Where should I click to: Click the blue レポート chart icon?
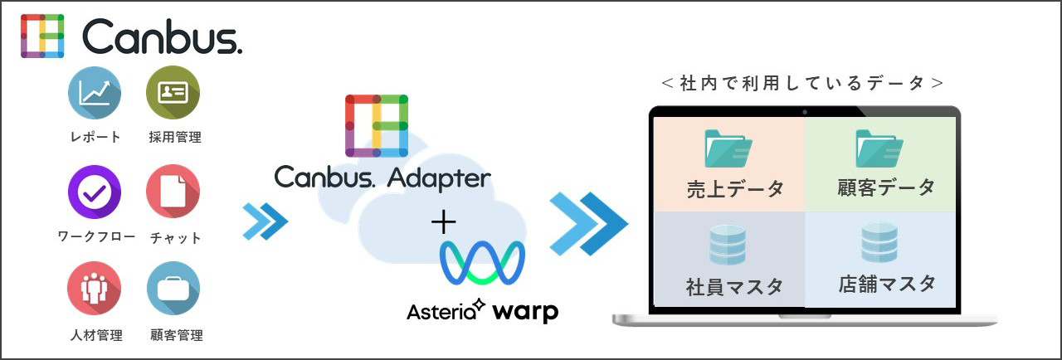pyautogui.click(x=94, y=93)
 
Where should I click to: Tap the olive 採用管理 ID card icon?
pyautogui.click(x=173, y=93)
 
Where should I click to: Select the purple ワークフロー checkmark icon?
pyautogui.click(x=94, y=191)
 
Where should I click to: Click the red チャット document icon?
pyautogui.click(x=173, y=191)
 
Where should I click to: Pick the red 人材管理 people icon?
pyautogui.click(x=94, y=289)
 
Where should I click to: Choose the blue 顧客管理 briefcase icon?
pyautogui.click(x=173, y=289)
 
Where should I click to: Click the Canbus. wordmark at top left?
pyautogui.click(x=163, y=37)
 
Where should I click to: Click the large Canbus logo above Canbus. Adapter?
pyautogui.click(x=376, y=125)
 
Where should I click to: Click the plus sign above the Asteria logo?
pyautogui.click(x=444, y=221)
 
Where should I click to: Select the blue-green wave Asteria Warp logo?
pyautogui.click(x=481, y=263)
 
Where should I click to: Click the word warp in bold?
pyautogui.click(x=525, y=312)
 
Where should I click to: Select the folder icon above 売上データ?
pyautogui.click(x=728, y=149)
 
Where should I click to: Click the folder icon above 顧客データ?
pyautogui.click(x=879, y=149)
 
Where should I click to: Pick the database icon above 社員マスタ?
pyautogui.click(x=728, y=246)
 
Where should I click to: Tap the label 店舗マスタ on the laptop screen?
pyautogui.click(x=886, y=284)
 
